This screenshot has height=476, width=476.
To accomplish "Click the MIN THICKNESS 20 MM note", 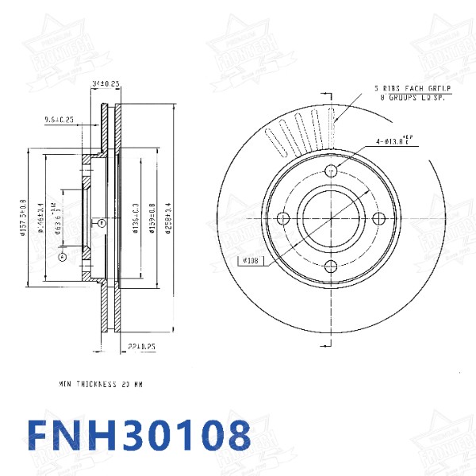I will click(x=101, y=384).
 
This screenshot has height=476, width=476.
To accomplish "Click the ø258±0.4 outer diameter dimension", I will click(x=167, y=211).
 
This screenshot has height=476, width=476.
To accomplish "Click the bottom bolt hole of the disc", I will click(x=332, y=266).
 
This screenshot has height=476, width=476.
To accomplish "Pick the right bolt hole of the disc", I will click(x=379, y=218).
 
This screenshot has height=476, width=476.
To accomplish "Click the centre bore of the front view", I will click(x=332, y=218).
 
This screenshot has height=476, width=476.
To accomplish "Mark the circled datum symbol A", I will click(x=63, y=256).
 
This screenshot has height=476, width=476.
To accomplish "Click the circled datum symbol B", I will click(x=102, y=224).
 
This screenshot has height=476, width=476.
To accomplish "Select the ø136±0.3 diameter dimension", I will click(x=136, y=212).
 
